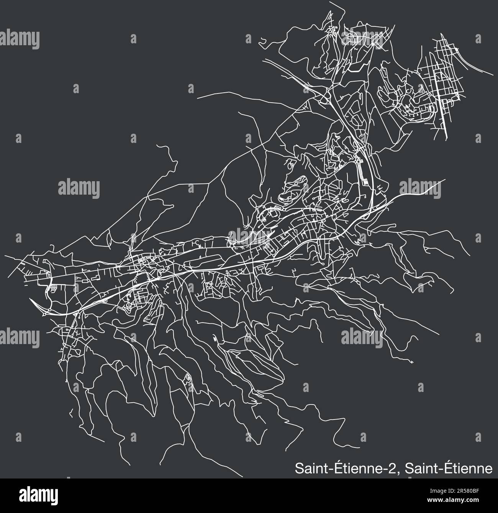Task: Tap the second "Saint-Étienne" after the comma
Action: pyautogui.click(x=449, y=459)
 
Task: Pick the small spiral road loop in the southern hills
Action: pyautogui.click(x=187, y=378)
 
